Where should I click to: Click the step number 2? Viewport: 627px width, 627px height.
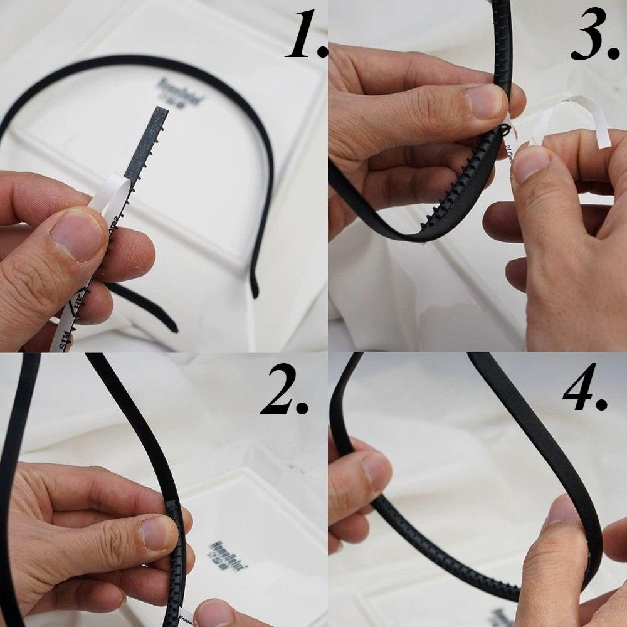point(285,391)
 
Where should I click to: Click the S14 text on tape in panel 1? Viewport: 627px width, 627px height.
point(63,342)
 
